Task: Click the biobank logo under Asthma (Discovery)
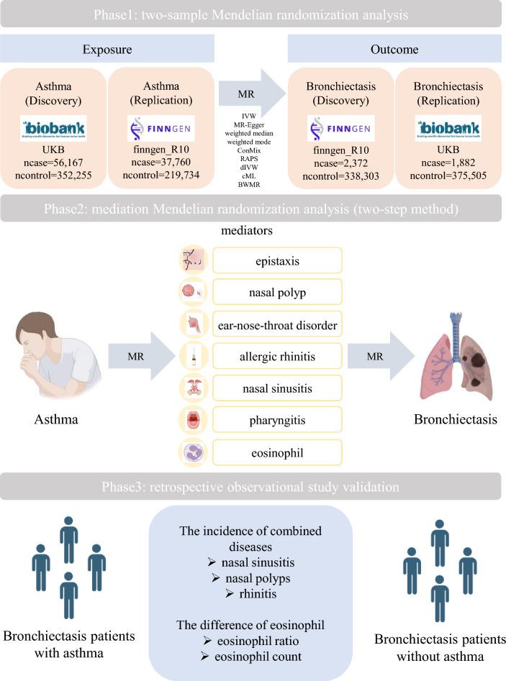pos(53,128)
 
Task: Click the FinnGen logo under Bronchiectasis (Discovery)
pos(340,130)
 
